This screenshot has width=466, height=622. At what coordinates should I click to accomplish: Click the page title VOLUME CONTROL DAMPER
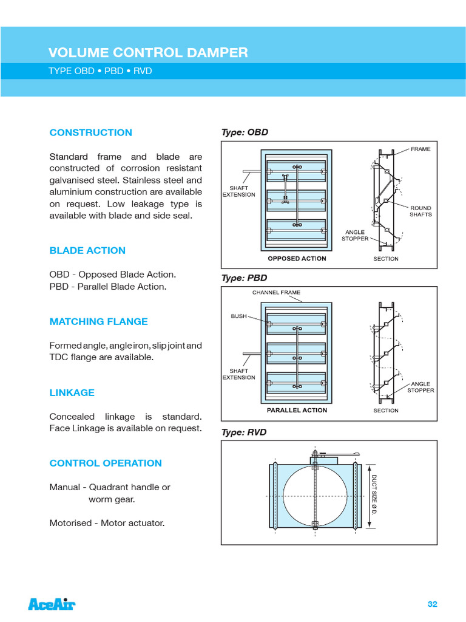click(148, 53)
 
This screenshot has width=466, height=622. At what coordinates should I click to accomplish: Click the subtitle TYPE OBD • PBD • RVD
click(100, 71)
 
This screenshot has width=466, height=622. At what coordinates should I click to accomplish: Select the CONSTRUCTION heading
click(90, 132)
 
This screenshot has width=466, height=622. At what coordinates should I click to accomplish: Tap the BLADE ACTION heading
click(87, 250)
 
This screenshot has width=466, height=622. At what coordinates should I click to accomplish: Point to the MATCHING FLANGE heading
click(98, 321)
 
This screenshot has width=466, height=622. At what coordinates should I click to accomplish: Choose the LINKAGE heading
click(72, 392)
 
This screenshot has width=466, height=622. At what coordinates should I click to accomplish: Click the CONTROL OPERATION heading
click(106, 463)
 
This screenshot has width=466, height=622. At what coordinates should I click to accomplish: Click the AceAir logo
click(52, 604)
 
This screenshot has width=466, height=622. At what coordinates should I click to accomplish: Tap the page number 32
click(432, 604)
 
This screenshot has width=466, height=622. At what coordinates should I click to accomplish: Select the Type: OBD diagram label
click(245, 132)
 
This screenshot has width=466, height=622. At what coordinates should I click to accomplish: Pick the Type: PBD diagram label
click(245, 278)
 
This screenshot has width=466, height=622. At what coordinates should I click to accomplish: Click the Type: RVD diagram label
click(245, 432)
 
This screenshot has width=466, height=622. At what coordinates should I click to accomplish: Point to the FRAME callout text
click(420, 149)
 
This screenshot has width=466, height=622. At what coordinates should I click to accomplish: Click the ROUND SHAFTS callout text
click(420, 211)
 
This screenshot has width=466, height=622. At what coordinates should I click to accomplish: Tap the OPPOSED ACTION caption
click(297, 259)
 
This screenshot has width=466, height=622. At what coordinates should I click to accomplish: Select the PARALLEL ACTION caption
click(297, 411)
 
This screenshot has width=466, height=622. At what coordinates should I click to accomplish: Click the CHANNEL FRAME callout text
click(276, 292)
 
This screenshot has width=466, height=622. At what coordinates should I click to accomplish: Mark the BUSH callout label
click(238, 316)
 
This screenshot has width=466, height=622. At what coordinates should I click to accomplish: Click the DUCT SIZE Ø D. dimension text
click(374, 495)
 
